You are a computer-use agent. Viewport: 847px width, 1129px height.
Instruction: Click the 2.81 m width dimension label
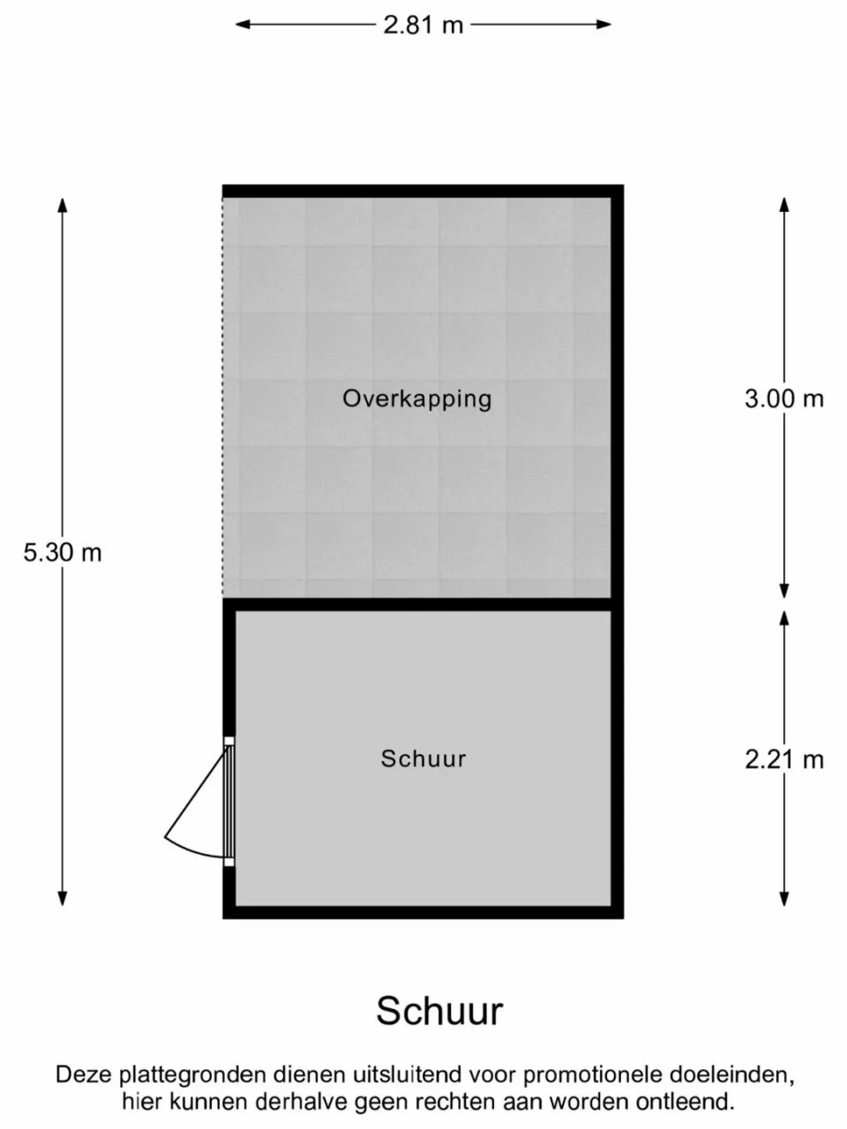423,25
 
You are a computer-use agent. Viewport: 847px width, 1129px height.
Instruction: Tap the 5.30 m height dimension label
63,553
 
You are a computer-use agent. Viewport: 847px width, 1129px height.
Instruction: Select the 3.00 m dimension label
783,400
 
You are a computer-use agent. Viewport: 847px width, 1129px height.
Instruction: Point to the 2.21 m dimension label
783,759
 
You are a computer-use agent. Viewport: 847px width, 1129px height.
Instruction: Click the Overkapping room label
417,400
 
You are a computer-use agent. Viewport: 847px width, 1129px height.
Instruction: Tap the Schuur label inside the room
423,759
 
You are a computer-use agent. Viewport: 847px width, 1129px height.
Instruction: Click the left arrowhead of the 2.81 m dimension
243,24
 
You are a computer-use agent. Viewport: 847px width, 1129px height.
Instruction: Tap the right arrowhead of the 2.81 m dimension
603,24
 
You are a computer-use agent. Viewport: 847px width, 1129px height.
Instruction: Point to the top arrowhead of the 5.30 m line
63,205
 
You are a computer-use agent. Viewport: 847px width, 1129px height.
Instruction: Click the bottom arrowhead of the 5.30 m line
63,899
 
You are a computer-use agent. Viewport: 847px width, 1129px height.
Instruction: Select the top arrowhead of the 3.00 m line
783,205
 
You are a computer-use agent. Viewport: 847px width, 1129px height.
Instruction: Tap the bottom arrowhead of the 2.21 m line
783,899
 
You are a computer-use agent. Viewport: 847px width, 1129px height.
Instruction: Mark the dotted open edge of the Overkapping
222,397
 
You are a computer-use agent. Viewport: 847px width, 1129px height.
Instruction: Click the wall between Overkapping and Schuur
423,604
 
